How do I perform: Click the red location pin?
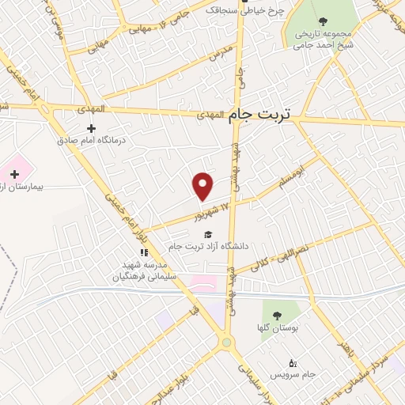tap(203, 185)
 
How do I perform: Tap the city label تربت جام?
tap(260, 115)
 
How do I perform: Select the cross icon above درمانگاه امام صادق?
tap(91, 128)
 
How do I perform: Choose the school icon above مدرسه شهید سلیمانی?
tap(143, 252)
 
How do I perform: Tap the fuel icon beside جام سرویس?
tap(293, 361)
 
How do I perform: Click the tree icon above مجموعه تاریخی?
tap(321, 22)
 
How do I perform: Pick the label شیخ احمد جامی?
tap(321, 46)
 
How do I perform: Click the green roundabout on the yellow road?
tap(228, 343)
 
